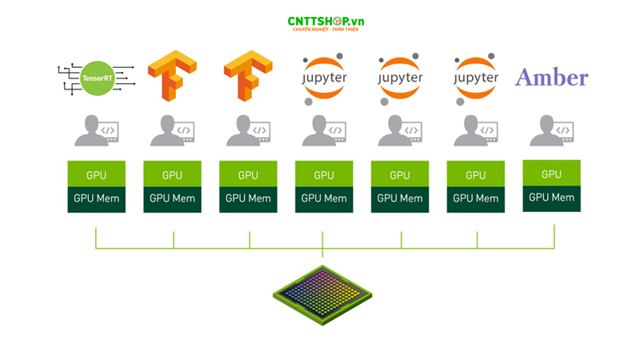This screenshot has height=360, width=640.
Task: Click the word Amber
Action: [551, 78]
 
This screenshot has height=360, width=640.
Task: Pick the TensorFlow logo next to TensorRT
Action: [172, 76]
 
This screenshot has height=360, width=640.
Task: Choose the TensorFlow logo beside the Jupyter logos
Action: [247, 76]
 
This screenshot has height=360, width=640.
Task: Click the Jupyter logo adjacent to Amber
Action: [476, 78]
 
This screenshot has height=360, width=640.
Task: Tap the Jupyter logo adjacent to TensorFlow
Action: [323, 78]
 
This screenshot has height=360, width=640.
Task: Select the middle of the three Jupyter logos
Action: [399, 78]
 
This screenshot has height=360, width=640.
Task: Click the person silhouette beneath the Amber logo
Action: [545, 130]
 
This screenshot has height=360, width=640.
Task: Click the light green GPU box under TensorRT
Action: [96, 174]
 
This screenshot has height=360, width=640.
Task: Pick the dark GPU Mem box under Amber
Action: [551, 198]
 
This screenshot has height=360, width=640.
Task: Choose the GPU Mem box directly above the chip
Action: [323, 199]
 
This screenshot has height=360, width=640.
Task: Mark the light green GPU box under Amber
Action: [551, 174]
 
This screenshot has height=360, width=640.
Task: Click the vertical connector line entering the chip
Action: [322, 255]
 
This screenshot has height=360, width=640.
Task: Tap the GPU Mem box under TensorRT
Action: [96, 199]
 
